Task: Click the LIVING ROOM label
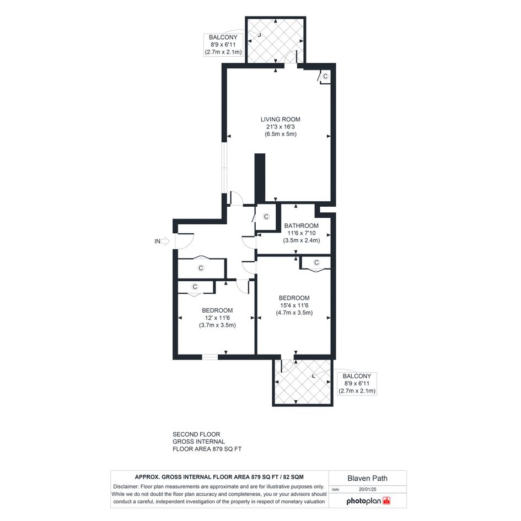tap(280, 119)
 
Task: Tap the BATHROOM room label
tap(301, 225)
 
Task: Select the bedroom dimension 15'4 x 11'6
tap(294, 305)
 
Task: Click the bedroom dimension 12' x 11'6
tap(217, 318)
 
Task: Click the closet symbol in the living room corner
tap(325, 76)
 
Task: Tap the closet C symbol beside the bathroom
tap(266, 217)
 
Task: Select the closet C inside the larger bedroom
tap(316, 262)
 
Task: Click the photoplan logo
tap(368, 501)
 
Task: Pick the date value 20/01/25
tap(368, 489)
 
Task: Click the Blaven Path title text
tap(367, 478)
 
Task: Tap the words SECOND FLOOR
tap(196, 434)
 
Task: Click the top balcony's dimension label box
tap(223, 45)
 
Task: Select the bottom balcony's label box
tap(357, 383)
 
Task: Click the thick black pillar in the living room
tap(260, 178)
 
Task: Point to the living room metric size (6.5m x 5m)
tap(281, 134)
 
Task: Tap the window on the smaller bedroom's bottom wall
tap(210, 357)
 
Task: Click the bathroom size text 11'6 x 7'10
tap(302, 233)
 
